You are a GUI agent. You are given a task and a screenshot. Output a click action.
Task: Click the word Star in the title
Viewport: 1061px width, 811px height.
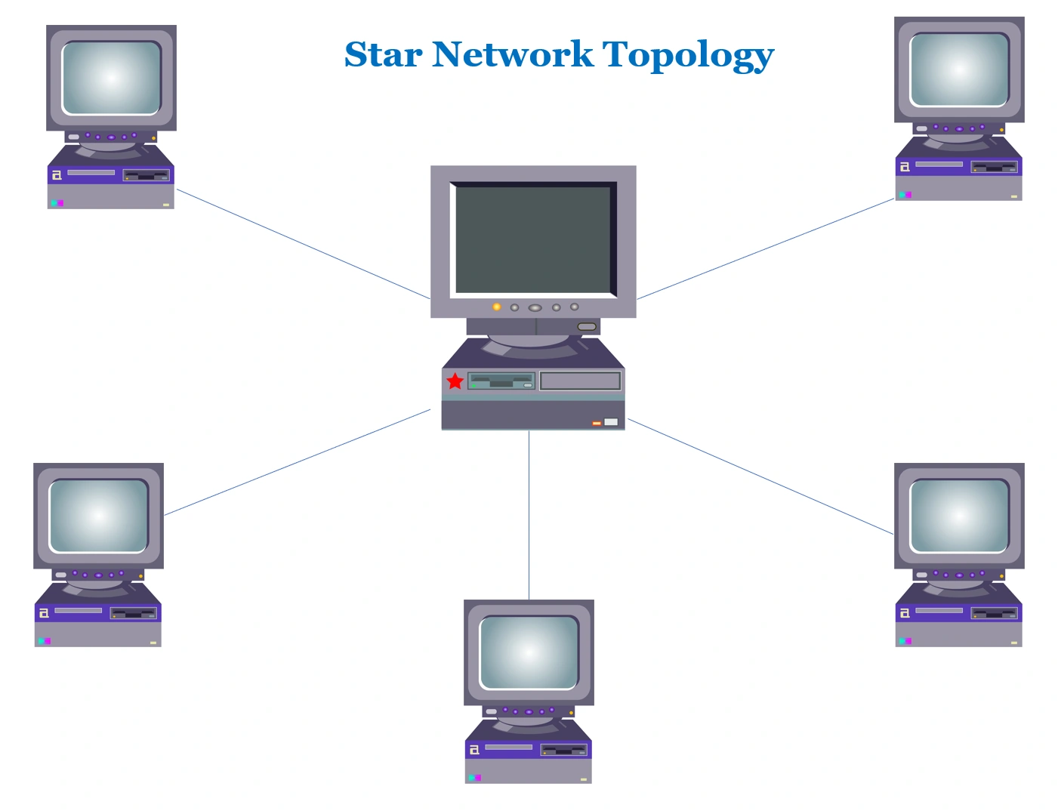(x=383, y=55)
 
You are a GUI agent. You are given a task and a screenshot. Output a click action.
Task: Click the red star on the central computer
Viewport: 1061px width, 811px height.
(x=455, y=381)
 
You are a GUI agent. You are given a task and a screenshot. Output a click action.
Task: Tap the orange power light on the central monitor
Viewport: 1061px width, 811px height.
(x=496, y=307)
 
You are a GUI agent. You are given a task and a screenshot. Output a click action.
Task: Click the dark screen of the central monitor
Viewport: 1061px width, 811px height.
(x=532, y=239)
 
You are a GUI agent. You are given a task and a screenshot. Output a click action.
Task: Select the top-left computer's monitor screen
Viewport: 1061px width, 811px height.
(x=112, y=78)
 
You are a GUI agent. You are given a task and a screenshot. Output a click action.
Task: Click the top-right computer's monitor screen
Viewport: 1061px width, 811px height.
(x=959, y=69)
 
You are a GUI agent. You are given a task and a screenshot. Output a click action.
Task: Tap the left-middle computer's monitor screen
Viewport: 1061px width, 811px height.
(x=98, y=516)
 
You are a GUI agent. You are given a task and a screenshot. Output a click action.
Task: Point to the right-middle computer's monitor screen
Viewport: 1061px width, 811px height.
(x=959, y=516)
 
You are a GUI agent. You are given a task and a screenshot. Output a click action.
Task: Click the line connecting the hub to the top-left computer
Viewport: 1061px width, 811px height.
(x=302, y=244)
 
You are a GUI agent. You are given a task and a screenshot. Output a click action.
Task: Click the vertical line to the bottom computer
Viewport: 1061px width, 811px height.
(x=529, y=513)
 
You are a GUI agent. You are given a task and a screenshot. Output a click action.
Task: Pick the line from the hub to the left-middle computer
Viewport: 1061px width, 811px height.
(x=297, y=463)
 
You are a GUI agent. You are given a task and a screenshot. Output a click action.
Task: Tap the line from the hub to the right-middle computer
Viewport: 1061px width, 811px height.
(x=760, y=476)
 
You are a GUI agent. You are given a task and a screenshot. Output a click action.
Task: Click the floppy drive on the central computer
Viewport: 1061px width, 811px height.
(x=501, y=381)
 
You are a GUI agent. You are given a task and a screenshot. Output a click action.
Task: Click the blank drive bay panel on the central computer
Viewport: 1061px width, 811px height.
(x=580, y=381)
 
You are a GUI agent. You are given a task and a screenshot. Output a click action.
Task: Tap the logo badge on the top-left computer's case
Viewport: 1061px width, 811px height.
(x=57, y=175)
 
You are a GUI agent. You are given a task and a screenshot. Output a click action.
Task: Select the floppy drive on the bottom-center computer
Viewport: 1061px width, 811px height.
(x=563, y=750)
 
